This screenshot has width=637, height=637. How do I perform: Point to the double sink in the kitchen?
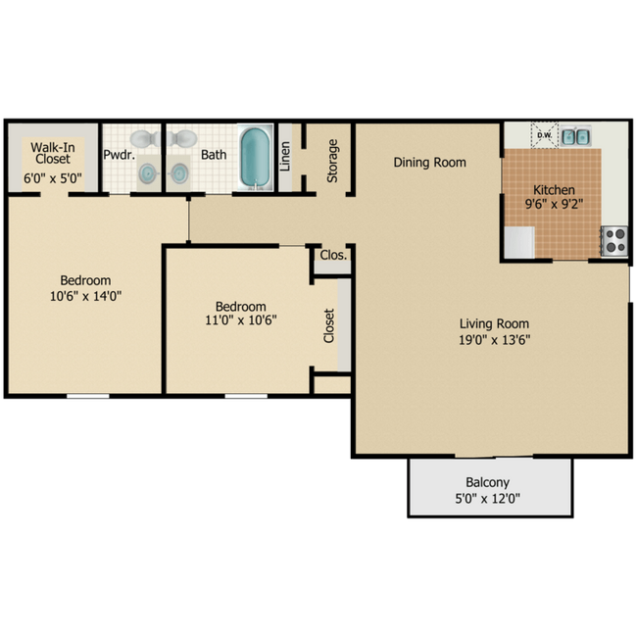pos(575,136)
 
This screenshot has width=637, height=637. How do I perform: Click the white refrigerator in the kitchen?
pos(519,242)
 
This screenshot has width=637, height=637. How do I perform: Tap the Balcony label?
pos(488,483)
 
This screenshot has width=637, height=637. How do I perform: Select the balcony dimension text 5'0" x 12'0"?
pos(488,499)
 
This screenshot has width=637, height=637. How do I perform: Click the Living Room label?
pos(495,324)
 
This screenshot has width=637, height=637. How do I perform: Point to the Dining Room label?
pos(429,163)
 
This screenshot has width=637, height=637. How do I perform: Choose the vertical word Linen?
pos(285,157)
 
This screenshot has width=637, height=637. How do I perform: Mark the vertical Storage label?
pos(333,160)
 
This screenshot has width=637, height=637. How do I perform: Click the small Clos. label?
pos(333,256)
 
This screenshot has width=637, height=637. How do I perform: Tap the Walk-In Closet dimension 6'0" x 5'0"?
pos(52,179)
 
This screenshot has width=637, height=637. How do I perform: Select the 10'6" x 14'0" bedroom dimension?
pos(84,295)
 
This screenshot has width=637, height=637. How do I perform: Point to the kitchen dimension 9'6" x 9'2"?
pos(554,206)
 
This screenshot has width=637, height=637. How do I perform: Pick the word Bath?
pos(214,155)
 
